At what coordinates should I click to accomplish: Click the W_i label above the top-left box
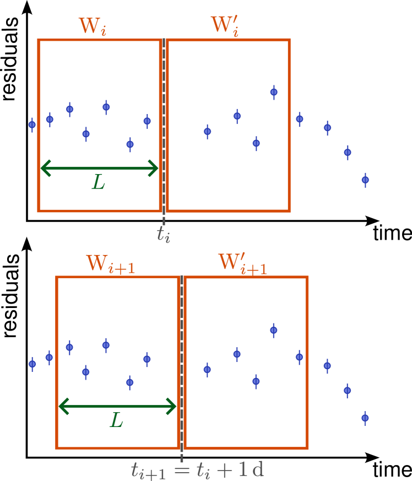tap(92, 26)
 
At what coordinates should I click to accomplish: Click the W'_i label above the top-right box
tap(224, 26)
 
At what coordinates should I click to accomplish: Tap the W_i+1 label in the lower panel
tap(110, 264)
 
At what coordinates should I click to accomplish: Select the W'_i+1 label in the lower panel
tap(242, 264)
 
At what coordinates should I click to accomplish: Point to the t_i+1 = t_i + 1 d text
tap(197, 470)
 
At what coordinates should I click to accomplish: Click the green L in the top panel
tap(99, 182)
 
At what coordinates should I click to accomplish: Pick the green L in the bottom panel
tap(116, 421)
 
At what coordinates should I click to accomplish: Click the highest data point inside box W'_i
tap(274, 92)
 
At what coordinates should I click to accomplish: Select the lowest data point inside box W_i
tap(130, 144)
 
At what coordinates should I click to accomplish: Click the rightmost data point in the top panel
tap(365, 180)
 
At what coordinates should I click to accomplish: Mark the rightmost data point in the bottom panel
tap(365, 418)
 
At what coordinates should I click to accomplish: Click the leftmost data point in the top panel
tap(32, 125)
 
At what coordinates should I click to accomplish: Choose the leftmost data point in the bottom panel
tap(32, 364)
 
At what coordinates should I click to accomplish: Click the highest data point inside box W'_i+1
tap(274, 330)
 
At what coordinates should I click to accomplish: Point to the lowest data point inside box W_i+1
tap(130, 382)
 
